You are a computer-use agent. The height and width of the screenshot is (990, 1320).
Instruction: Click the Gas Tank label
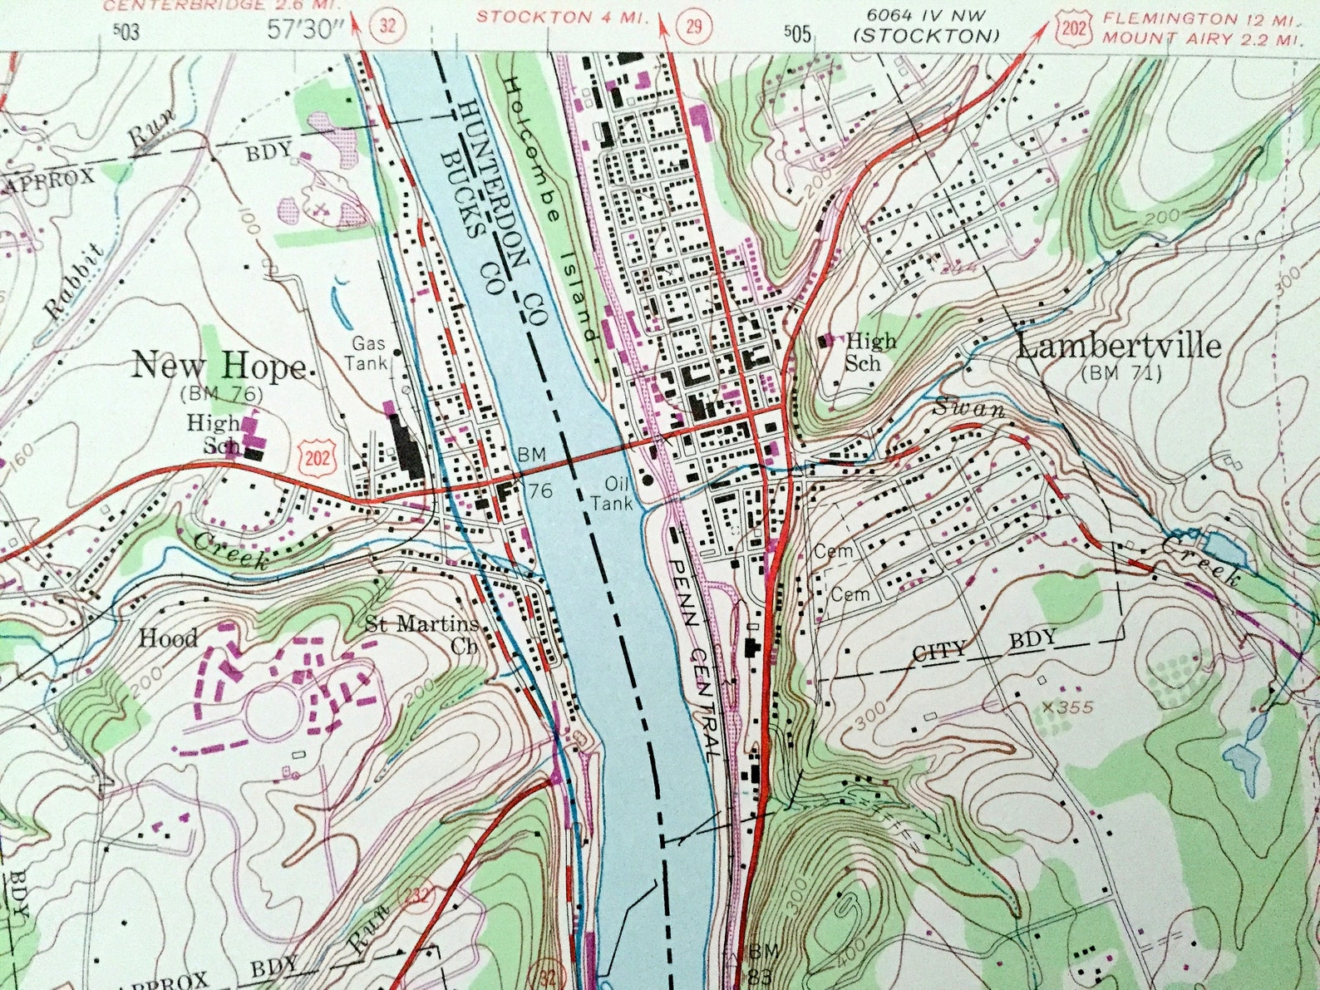click(369, 352)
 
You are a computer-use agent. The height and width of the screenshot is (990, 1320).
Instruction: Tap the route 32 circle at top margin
click(387, 25)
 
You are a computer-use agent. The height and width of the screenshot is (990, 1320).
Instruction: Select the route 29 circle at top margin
click(692, 26)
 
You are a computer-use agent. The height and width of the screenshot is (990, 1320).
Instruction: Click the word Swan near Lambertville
click(968, 408)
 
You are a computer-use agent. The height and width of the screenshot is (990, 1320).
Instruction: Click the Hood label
click(168, 638)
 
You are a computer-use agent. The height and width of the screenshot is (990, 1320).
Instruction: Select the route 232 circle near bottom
click(421, 896)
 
